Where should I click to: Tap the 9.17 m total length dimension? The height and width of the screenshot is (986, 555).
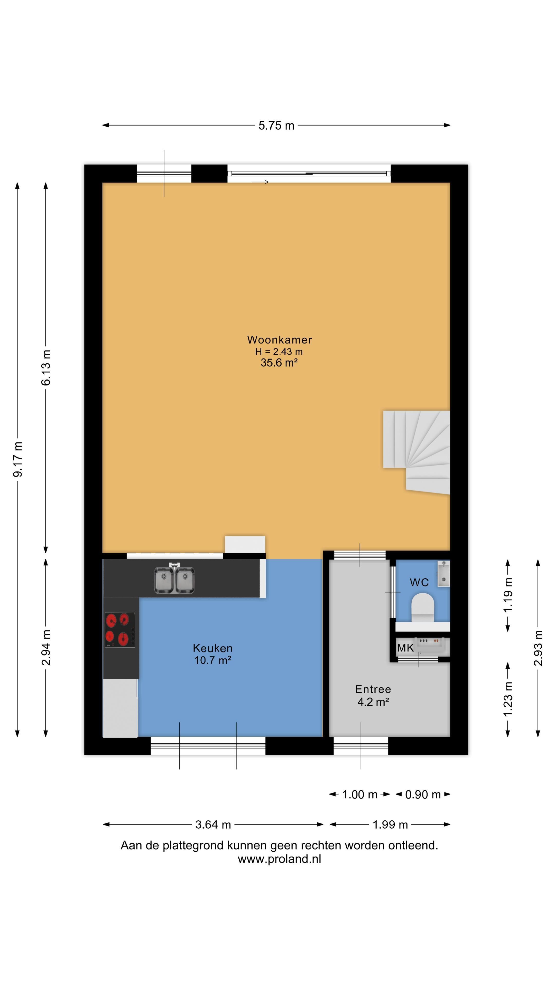18,459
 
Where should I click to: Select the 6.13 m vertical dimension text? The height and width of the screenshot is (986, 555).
46,367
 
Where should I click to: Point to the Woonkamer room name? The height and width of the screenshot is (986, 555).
279,339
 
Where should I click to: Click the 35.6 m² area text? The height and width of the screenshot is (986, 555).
279,363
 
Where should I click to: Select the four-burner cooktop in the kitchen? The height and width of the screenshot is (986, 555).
119,630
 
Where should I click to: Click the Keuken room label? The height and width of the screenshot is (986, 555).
212,648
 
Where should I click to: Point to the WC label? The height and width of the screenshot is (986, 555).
419,583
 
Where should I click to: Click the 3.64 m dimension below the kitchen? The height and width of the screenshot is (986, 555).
213,824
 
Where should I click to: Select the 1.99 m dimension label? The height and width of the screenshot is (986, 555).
390,824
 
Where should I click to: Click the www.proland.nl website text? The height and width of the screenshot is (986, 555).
279,859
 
